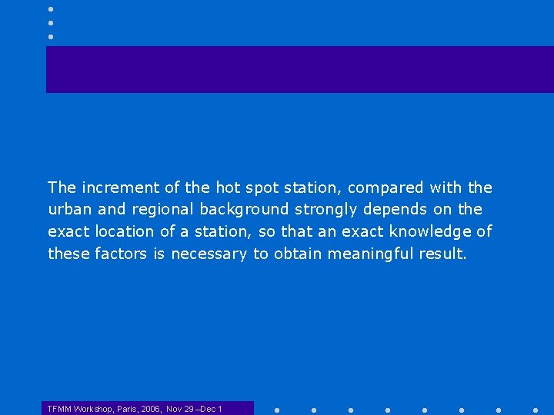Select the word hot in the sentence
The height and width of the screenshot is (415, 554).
[228, 188]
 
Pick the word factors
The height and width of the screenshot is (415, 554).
[120, 254]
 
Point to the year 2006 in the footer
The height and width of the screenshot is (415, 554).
[152, 409]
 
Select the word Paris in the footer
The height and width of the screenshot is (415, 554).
[125, 409]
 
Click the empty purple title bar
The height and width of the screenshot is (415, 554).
[300, 69]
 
